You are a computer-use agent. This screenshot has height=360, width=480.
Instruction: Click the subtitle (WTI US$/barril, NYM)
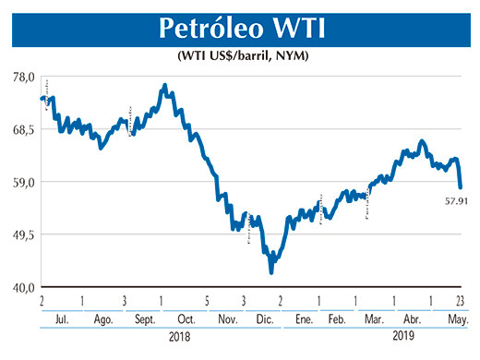point(242,57)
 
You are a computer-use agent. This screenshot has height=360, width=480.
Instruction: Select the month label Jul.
point(62,318)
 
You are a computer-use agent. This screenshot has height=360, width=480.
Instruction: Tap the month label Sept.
point(146,318)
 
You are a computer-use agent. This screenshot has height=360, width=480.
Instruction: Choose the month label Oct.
point(185,318)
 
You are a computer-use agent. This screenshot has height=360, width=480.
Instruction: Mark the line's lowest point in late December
point(271,271)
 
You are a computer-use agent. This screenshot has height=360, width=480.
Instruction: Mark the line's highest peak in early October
point(164,86)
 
